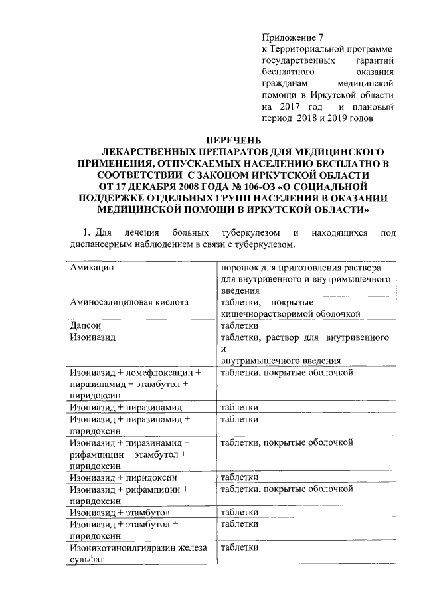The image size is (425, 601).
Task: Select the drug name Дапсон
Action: (x=86, y=325)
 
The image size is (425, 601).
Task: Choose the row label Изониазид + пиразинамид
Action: (x=126, y=406)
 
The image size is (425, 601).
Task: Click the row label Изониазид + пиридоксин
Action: (x=123, y=477)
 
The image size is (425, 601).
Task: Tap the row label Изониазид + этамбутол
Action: (x=120, y=513)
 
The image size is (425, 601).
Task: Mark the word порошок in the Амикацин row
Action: (x=240, y=267)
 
